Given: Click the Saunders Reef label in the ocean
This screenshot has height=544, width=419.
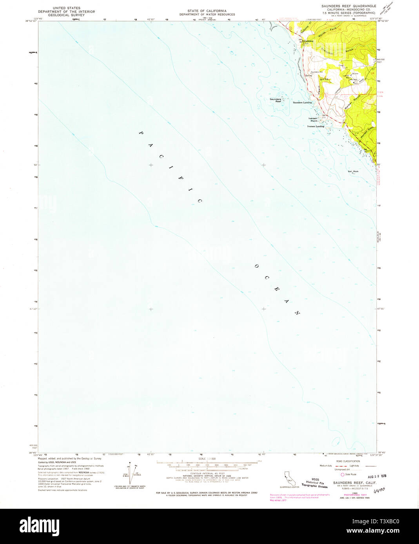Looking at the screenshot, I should coord(275,100).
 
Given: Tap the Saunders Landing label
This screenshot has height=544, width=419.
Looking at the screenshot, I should coord(302,103).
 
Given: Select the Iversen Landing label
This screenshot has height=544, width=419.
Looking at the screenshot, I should coord(316,126).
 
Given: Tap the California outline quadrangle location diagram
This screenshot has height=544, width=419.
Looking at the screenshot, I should coord(289,478).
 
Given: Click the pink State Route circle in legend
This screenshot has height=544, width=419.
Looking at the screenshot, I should coord(342,474).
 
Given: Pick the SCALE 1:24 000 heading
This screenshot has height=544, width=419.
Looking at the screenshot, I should coord(207,458).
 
